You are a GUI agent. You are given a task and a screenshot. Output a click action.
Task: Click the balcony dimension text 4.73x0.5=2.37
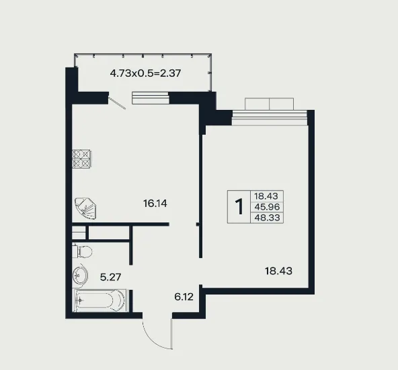pos(145,73)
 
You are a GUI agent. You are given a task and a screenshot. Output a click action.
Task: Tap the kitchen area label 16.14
pos(155,204)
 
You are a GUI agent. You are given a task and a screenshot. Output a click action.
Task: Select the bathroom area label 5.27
pos(111,277)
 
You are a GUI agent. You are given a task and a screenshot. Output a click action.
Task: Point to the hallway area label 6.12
pos(184,297)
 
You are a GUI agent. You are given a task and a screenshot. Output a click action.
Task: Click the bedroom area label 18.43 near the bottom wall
pos(278,271)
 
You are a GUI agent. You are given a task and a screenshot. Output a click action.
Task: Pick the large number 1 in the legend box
pos(239,207)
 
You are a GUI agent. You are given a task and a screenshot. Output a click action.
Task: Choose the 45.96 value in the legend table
pos(267,207)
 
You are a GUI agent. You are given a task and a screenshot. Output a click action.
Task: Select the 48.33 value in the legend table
pos(267,218)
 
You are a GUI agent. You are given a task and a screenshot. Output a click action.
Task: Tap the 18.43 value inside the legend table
pos(266,196)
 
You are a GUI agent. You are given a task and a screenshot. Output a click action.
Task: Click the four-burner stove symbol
pos(81,159)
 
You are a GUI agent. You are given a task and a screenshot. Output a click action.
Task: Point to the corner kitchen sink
pos(86,209)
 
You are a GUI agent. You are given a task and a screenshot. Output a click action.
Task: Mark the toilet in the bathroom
pos(82,251)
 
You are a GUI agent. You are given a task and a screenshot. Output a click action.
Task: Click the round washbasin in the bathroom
pos(80,274)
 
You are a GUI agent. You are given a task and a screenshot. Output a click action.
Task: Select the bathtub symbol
pos(99,301)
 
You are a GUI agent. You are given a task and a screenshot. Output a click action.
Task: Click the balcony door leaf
pos(117,103)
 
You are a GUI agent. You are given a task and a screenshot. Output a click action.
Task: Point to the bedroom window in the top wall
pos(270,117)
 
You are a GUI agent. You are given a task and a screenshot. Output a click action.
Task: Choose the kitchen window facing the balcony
pos(151,98)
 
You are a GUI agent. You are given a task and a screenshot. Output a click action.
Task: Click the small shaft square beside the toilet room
pos(79,233)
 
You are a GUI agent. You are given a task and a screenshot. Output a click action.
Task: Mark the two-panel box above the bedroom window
pos(270,104)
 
